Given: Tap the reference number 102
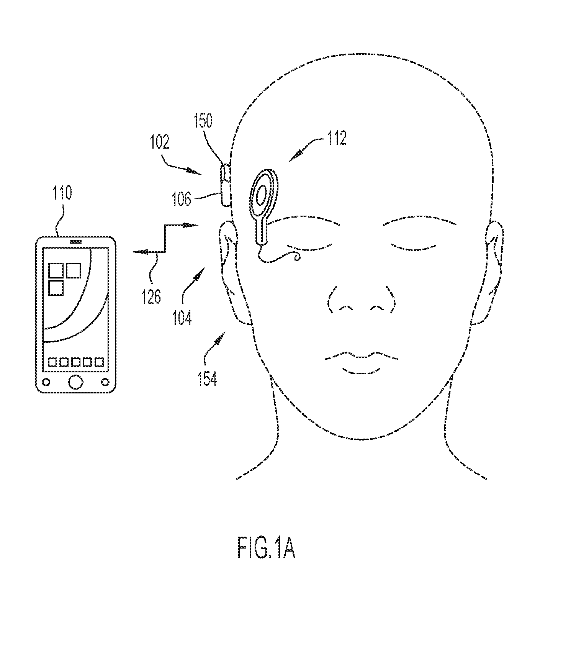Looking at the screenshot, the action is click(x=160, y=142).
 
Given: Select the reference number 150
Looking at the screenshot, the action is click(x=203, y=120).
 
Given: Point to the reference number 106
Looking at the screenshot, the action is click(x=182, y=199).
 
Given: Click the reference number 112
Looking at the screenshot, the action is click(x=337, y=138).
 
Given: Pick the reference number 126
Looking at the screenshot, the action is click(x=152, y=296).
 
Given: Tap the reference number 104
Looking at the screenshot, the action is click(x=182, y=318).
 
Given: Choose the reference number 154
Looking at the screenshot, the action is click(x=207, y=378).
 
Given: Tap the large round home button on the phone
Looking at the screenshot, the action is click(x=75, y=382).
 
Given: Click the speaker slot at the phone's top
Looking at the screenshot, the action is click(x=75, y=242).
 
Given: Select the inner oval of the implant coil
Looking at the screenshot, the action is click(x=262, y=195).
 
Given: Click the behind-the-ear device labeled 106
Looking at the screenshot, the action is click(x=225, y=185).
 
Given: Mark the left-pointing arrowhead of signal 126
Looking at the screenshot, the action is click(x=139, y=252).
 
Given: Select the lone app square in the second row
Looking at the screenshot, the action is click(x=56, y=288).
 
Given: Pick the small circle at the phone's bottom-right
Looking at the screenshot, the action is click(x=105, y=382).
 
